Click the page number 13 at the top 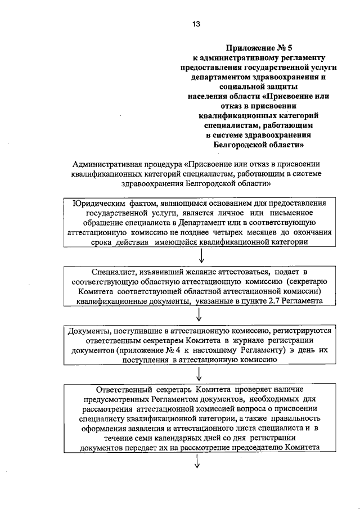tap(195, 24)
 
